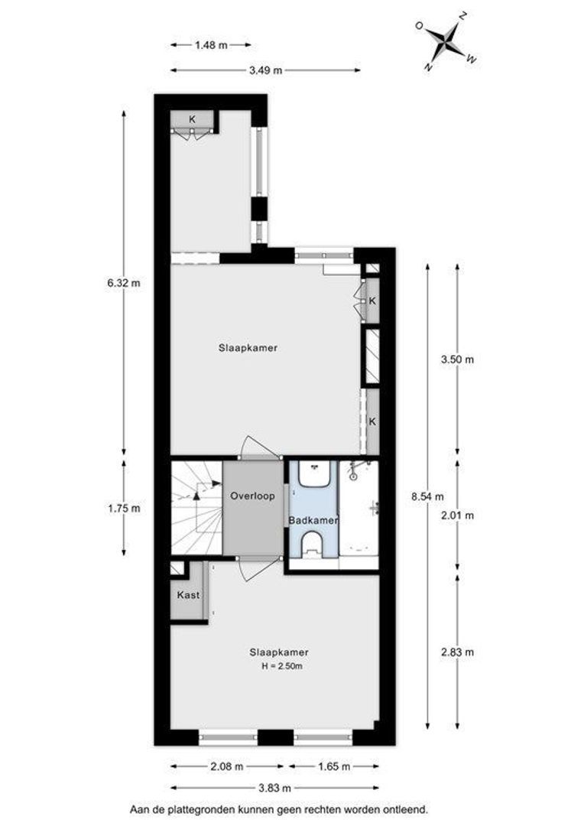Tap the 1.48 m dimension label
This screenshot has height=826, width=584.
pos(211,45)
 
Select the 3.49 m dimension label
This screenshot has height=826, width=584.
pos(266,70)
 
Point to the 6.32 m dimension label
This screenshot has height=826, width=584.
pos(124,282)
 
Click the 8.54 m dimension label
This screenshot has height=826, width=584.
pos(427,496)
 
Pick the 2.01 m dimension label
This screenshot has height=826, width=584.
pos(457,515)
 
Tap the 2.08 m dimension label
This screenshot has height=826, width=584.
pos(227,766)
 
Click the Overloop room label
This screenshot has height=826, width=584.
pos(253,496)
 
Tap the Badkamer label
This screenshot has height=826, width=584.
pos(313,521)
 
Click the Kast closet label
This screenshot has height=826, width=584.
pos(189,595)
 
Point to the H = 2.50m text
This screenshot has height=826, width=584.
pos(282,666)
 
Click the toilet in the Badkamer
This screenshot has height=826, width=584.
pos(314,545)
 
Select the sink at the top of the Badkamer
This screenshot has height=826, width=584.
pos(314,474)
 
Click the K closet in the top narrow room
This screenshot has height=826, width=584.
pos(192,119)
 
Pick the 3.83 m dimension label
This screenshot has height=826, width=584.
pos(275,789)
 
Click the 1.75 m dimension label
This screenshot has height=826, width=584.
pos(124,509)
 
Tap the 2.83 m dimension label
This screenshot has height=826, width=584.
pos(457,652)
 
